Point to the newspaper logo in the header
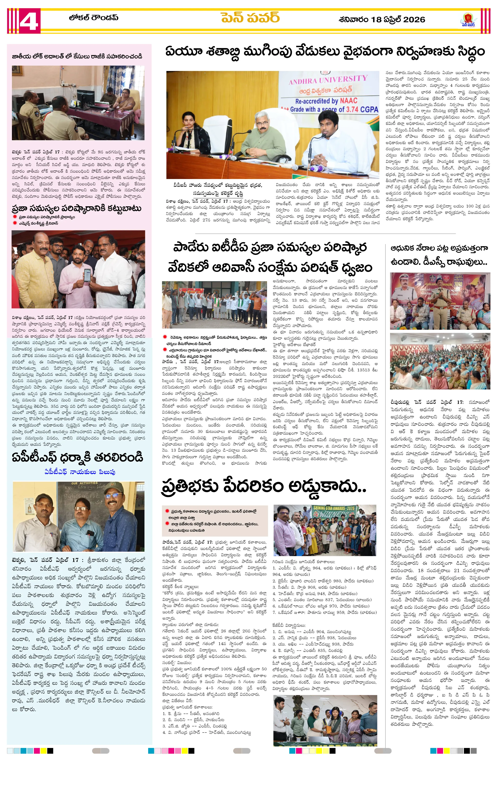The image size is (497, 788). [x=468, y=20]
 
